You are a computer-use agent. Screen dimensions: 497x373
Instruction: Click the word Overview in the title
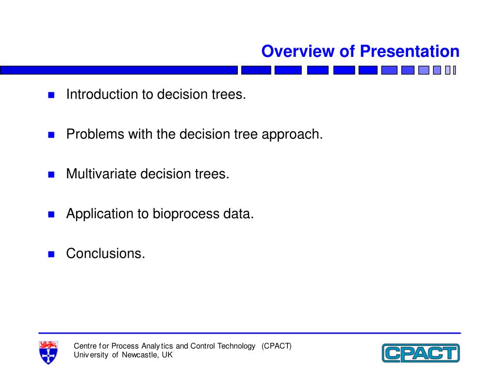(298, 51)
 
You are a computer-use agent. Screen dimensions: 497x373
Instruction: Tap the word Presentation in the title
(410, 51)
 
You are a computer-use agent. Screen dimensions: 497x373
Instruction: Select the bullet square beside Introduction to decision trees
(51, 95)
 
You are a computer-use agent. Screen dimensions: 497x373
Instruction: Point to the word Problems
(95, 134)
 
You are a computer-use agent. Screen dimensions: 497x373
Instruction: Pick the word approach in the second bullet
(292, 135)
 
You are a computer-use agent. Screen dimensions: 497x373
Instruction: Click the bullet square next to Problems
(51, 135)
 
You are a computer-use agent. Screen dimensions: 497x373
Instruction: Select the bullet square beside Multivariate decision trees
(51, 174)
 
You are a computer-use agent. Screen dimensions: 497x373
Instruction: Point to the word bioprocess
(186, 214)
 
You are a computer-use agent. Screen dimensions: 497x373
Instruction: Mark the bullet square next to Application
(51, 214)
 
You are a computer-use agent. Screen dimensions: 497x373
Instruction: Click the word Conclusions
(105, 254)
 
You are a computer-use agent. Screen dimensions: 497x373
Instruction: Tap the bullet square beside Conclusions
(51, 254)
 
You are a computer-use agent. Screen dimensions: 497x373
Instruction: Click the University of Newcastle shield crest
(48, 353)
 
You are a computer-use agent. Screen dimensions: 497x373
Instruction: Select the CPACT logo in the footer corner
(421, 353)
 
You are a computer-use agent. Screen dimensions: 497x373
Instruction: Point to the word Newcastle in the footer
(139, 355)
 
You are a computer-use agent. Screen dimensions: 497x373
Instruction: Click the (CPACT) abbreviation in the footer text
(276, 346)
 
